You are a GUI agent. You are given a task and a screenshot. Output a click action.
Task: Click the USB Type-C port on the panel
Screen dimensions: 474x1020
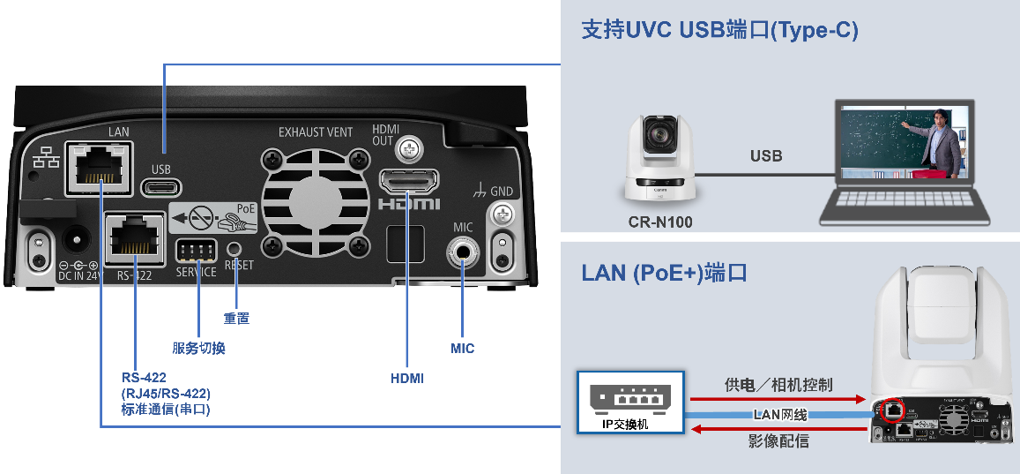coord(162,187)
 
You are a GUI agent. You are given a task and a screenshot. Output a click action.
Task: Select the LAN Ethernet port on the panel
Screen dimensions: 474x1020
coord(99,167)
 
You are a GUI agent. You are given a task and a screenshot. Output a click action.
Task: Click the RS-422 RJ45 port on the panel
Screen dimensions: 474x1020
coord(135,238)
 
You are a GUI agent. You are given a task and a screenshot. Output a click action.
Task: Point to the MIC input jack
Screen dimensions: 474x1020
coord(462,254)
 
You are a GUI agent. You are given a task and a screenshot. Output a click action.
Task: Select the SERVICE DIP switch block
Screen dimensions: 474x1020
coord(196,250)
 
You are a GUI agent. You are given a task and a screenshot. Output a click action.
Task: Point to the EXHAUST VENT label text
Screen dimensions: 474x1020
coord(315,132)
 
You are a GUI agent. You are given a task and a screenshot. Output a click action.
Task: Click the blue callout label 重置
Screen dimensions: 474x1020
coord(236,318)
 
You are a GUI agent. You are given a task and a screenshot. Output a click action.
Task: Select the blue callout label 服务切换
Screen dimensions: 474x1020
coord(198,348)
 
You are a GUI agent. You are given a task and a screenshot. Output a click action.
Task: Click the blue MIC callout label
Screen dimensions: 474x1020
coord(462,349)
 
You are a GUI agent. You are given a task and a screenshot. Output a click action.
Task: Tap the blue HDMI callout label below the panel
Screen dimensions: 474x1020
coord(407,379)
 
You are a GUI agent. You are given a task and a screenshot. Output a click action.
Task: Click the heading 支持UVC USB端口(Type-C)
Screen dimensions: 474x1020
coord(719,30)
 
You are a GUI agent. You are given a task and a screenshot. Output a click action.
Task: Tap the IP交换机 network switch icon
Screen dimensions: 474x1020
coord(630,402)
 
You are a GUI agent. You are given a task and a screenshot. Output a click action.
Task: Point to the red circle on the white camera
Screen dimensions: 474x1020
coord(893,410)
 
